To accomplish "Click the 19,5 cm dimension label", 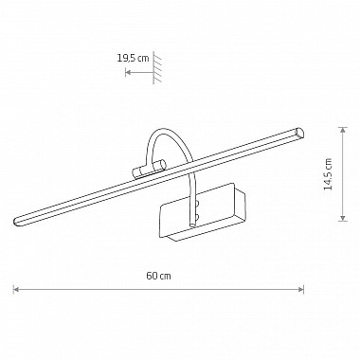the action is tap(133, 58).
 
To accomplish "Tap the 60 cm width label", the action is tap(158, 276).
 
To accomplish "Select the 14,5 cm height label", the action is tap(329, 174).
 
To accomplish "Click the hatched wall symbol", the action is tap(157, 67).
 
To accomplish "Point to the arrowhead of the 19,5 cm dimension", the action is tap(128, 73).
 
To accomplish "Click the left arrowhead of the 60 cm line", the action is tap(15, 289).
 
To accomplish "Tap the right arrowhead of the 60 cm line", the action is tap(301, 289).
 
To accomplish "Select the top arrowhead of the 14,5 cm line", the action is tap(343, 130).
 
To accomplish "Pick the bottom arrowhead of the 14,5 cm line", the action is tap(343, 218).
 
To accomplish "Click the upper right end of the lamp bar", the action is tap(299, 133).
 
